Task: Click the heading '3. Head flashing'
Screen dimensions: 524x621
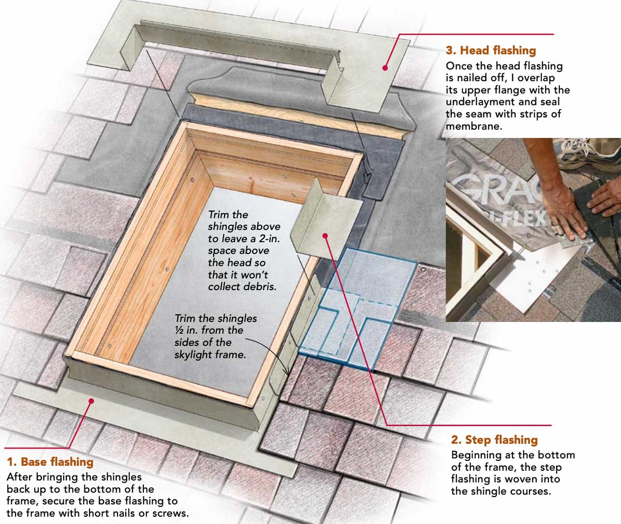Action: click(x=490, y=50)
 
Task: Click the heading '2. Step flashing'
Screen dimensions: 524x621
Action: click(x=494, y=440)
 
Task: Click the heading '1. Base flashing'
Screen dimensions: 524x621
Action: click(x=50, y=462)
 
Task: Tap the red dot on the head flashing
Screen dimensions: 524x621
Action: click(x=385, y=67)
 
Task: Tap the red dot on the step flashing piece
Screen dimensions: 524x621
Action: click(x=326, y=235)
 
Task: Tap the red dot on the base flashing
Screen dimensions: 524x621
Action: click(x=92, y=400)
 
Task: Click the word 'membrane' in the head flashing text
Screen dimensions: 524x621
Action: click(x=474, y=126)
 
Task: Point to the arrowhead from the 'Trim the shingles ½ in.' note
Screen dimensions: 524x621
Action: click(x=287, y=372)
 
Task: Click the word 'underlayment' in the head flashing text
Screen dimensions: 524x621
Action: click(x=480, y=102)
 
